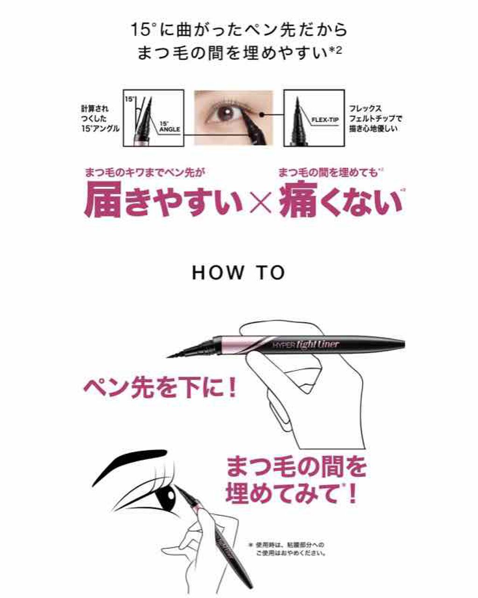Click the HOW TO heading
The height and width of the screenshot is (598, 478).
[x=239, y=273]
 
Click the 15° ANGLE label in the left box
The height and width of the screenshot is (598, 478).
[x=169, y=127]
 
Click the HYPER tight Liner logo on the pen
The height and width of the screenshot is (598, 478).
[x=306, y=345]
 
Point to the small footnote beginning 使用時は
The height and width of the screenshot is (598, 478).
[x=289, y=549]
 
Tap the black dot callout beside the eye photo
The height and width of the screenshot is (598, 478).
[x=263, y=114]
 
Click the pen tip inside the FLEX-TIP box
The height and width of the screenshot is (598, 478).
[x=297, y=117]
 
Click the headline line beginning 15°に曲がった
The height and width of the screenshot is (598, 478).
[x=239, y=30]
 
